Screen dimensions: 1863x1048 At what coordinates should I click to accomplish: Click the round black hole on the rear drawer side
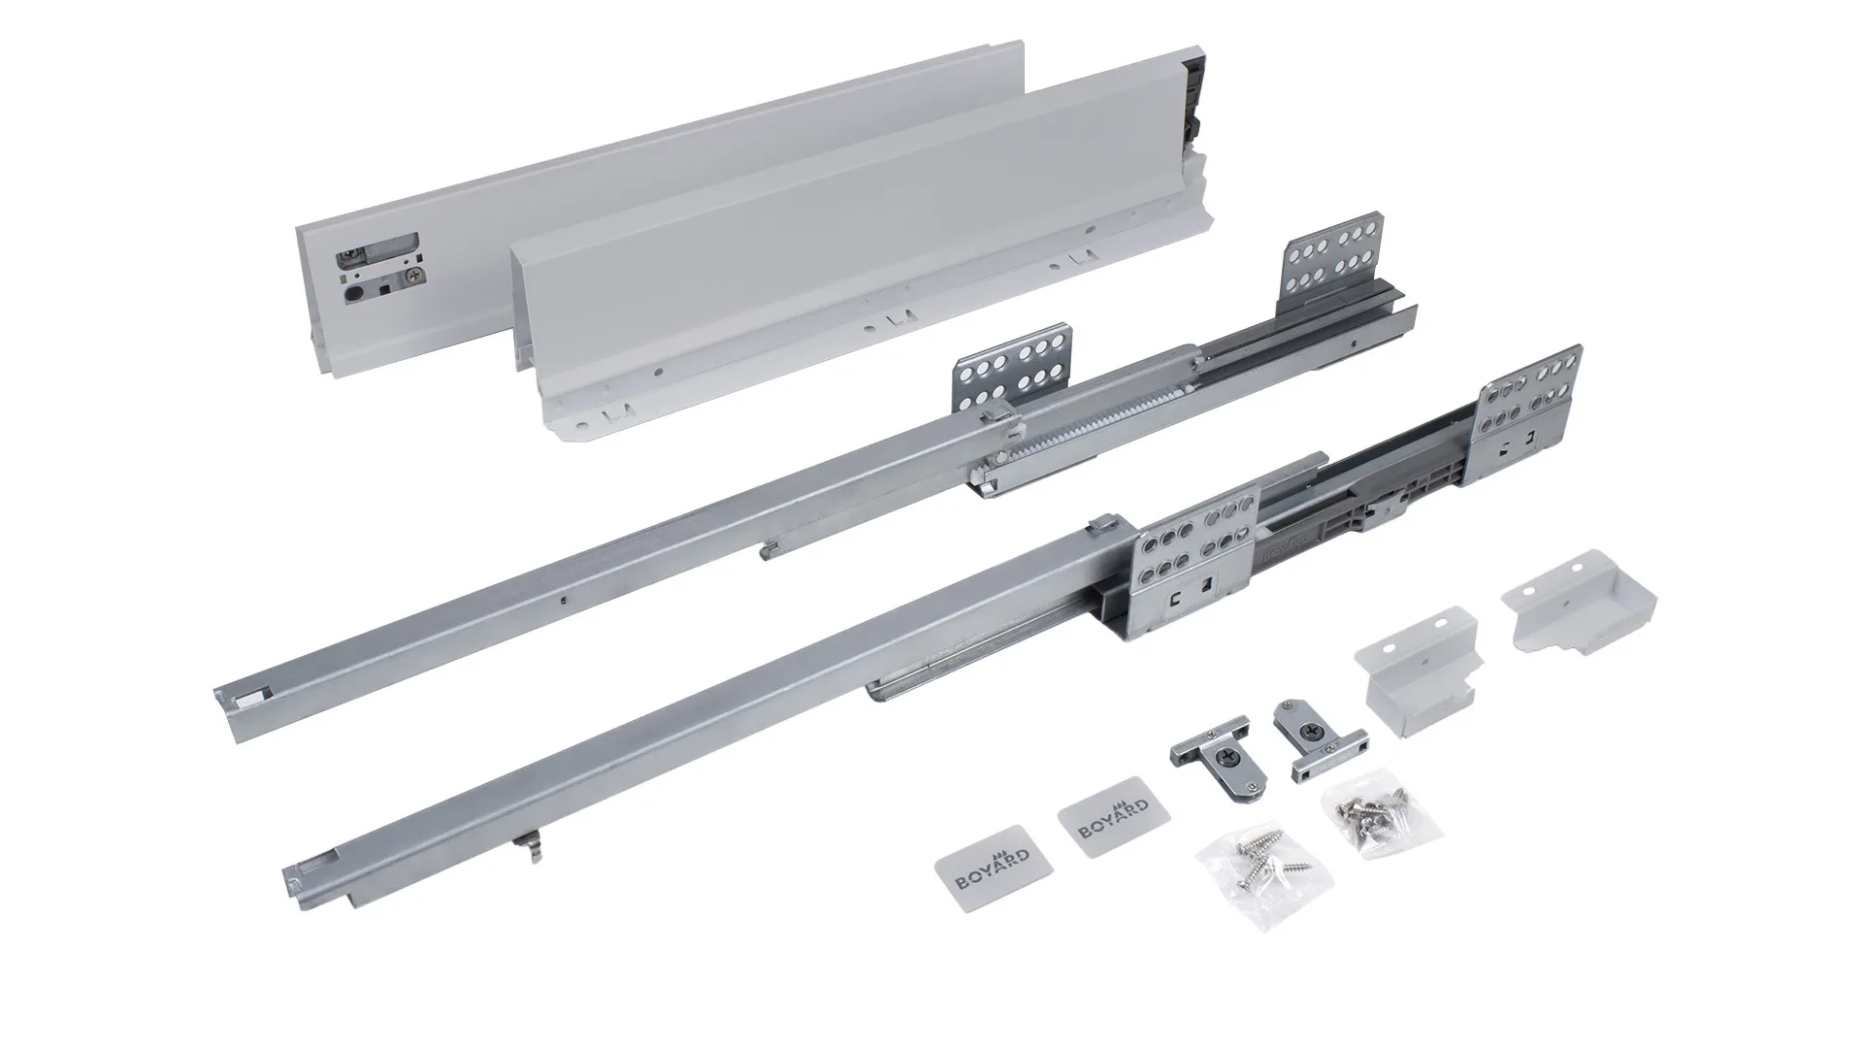point(352,289)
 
